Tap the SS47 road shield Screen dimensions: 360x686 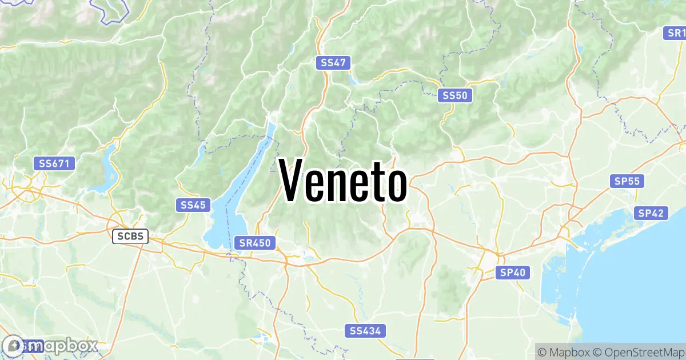click(x=333, y=63)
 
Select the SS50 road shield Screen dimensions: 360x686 click(x=455, y=96)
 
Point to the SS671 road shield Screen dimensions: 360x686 click(x=54, y=163)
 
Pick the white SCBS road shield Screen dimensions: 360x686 click(x=130, y=236)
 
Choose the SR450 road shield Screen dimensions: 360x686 click(x=255, y=243)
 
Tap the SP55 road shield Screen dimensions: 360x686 click(x=627, y=182)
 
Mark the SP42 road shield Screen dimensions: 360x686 click(x=651, y=213)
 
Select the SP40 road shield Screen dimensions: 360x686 click(x=512, y=273)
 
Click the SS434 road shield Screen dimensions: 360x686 click(x=366, y=331)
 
